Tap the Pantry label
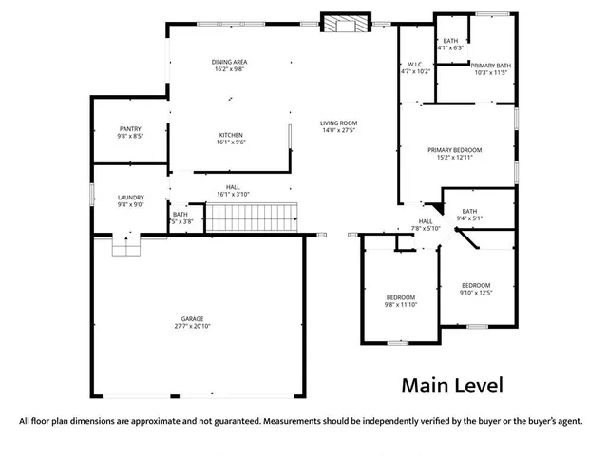point(130,129)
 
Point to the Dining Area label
point(229,62)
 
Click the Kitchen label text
point(232,135)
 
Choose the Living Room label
point(337,123)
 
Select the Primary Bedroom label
point(454,150)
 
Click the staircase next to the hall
point(252,217)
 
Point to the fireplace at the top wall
point(346,26)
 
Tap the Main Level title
point(451,386)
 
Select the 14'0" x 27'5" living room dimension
point(337,130)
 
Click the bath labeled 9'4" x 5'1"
point(469,215)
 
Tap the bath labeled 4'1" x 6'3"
point(450,43)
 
